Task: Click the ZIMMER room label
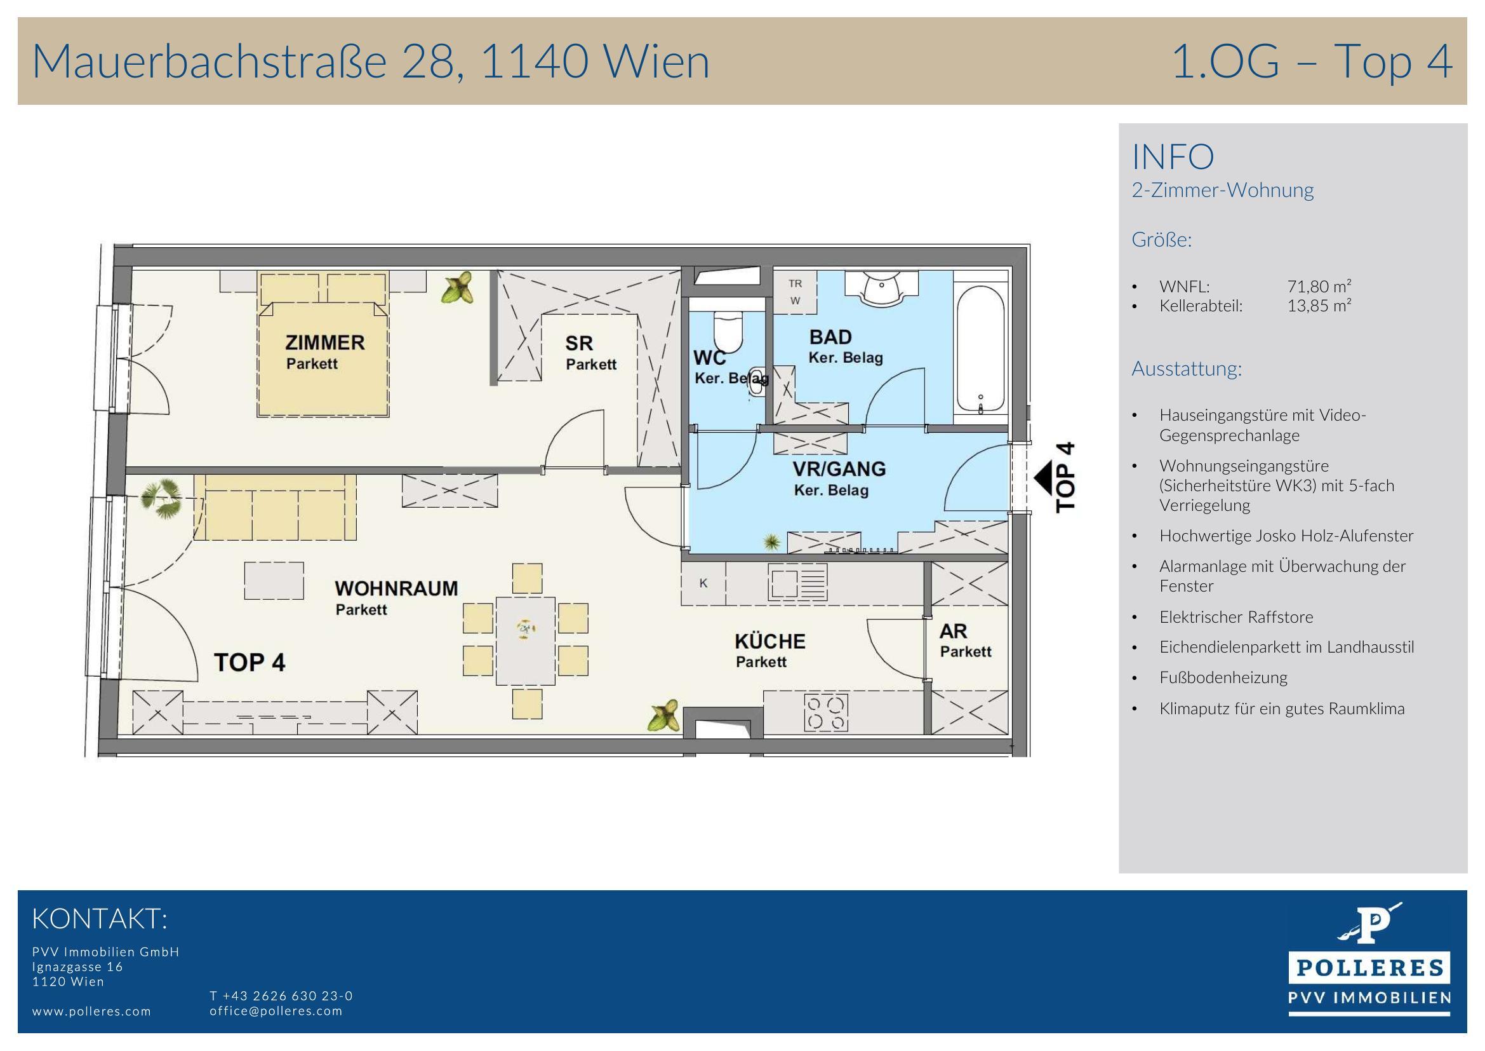[324, 342]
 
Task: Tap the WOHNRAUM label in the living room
[396, 588]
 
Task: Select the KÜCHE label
[769, 641]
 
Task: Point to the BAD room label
[830, 337]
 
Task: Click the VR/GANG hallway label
[839, 468]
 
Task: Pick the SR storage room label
[579, 343]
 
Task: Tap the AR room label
[953, 631]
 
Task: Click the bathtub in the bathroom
[980, 348]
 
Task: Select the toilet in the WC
[728, 330]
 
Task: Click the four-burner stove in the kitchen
[826, 712]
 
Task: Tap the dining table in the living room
[525, 641]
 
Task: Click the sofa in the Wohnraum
[275, 507]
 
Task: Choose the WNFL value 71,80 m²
[1319, 286]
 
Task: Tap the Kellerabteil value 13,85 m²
[1319, 306]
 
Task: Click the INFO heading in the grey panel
[1173, 156]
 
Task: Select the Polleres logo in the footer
[1370, 965]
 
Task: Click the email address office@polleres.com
[276, 1011]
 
